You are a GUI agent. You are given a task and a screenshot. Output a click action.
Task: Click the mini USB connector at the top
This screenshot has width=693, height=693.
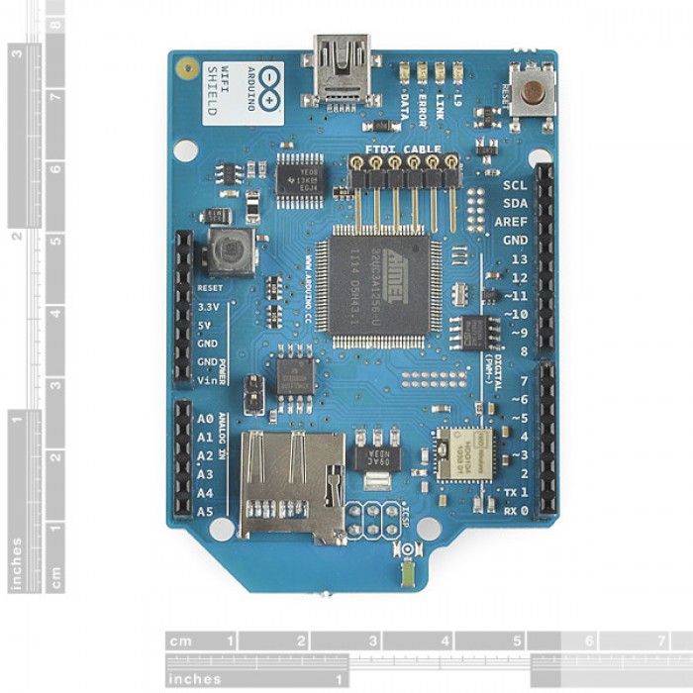pos(341,70)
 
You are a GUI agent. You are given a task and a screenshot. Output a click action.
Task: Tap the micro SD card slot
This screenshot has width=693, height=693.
pos(291,484)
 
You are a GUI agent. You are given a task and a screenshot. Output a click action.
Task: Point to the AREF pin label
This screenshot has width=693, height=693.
pos(511,222)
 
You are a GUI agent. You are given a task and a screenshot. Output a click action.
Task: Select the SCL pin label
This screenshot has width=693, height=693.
pos(515,184)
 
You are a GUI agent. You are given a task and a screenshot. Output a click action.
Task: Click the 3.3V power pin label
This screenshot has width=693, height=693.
pos(208,307)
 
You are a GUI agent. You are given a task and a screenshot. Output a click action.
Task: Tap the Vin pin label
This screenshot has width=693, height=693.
pos(207,380)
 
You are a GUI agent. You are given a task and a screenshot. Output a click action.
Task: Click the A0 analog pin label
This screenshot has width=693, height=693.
pos(205,418)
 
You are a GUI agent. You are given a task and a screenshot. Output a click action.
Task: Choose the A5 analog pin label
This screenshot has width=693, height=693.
pos(205,511)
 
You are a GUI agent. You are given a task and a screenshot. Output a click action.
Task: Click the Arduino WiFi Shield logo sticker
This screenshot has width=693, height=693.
pos(230,91)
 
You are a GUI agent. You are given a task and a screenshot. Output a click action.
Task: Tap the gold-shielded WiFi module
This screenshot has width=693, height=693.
pos(464,454)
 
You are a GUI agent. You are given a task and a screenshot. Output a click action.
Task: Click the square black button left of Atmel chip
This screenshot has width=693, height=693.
pos(231,251)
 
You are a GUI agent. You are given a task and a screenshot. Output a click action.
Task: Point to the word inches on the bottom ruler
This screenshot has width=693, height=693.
pos(194,679)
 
